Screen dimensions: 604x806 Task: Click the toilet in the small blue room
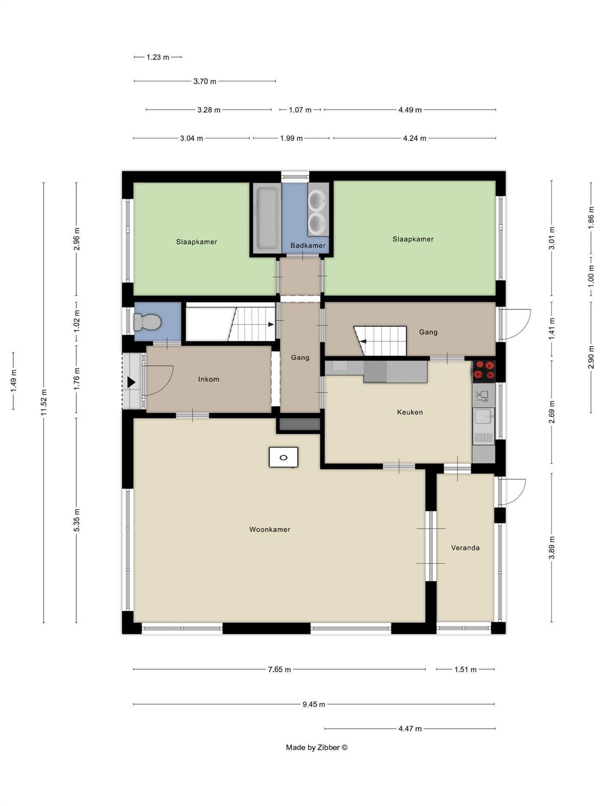[147, 322]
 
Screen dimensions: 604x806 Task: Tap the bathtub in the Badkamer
[267, 218]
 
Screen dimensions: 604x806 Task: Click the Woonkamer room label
[270, 529]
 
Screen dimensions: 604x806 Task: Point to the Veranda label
[465, 548]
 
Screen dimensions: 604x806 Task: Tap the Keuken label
[410, 412]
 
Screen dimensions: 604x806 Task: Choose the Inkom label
[208, 379]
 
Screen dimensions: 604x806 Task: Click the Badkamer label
[308, 245]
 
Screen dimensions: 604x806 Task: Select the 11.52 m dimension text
[44, 402]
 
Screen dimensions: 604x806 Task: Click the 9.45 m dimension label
[314, 704]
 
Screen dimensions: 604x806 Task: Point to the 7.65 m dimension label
[279, 669]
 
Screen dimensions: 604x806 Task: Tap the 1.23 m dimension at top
[158, 57]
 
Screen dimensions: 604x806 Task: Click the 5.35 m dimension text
[77, 520]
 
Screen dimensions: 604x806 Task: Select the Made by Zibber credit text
[316, 747]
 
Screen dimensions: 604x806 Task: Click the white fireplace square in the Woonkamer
[283, 457]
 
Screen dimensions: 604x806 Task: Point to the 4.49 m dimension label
[410, 110]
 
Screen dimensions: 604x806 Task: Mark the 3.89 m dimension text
[552, 547]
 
